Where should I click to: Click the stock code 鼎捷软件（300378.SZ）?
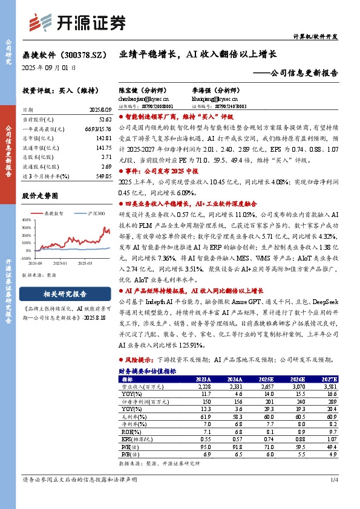pos(62,54)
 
